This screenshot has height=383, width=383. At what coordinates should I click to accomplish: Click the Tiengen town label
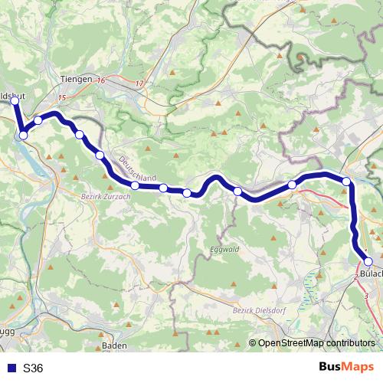[75, 79]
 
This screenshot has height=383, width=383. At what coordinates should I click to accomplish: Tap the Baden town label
[114, 346]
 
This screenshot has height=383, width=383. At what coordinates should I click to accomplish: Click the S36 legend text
[33, 368]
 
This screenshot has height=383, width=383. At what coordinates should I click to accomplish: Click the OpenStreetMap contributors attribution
[316, 343]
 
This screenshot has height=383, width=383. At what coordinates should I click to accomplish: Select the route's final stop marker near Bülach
[368, 262]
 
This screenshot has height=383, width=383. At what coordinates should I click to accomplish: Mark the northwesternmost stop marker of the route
[14, 100]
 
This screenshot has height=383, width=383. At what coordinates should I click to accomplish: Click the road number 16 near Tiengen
[100, 79]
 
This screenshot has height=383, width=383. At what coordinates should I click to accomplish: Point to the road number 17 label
[138, 83]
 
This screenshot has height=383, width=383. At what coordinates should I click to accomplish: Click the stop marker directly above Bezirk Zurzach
[135, 185]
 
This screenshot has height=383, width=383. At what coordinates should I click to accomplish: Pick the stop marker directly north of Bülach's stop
[346, 182]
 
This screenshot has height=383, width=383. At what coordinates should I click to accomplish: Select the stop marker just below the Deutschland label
[163, 188]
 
